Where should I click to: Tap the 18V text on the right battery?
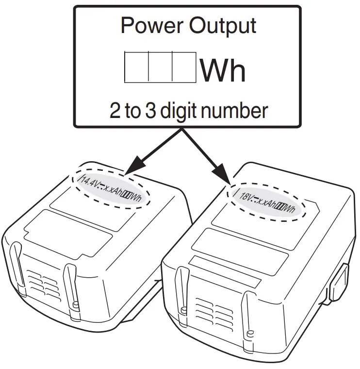tap(247, 196)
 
